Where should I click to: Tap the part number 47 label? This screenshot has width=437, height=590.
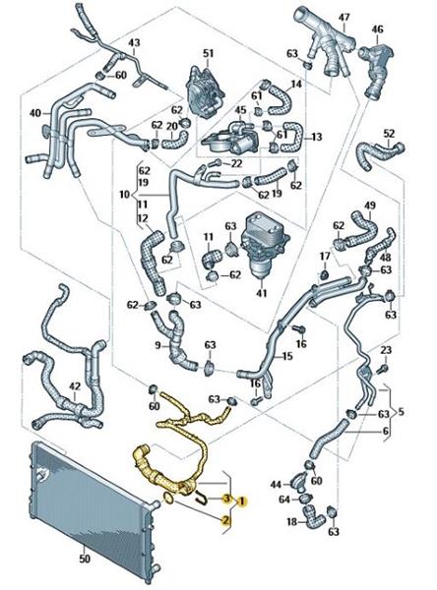pos(343,18)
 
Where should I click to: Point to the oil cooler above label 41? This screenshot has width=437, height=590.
pos(263,246)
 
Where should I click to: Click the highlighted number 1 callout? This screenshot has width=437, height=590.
pos(242,501)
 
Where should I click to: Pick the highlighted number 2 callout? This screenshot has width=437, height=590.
pos(226,520)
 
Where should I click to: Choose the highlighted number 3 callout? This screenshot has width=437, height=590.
pos(226,499)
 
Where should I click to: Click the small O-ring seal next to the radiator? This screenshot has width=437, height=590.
pos(168,499)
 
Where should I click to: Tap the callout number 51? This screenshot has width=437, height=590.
pos(208,53)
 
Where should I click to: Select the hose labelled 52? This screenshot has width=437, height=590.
pos(379,154)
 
